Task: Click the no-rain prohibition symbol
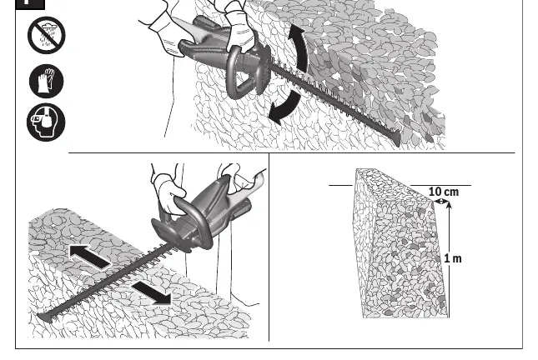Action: [47, 35]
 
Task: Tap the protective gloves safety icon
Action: [47, 82]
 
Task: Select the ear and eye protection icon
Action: [46, 122]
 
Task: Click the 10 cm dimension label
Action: [444, 192]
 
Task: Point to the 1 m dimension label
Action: [453, 258]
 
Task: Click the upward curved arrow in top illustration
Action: [298, 47]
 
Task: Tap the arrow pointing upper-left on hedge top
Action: [90, 257]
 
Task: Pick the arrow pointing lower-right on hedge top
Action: [152, 292]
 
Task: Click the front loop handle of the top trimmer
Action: [239, 73]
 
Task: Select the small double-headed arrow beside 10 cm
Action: [441, 202]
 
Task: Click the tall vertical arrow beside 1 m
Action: [449, 259]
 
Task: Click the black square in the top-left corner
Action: [30, 4]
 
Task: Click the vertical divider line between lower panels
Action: [269, 247]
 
